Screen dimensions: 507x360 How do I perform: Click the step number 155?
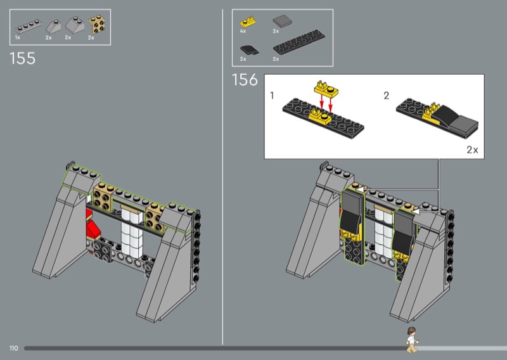[22, 58]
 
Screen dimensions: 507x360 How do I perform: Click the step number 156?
[245, 80]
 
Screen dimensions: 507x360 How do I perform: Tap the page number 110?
[13, 348]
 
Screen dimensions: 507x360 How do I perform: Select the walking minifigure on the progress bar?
[412, 340]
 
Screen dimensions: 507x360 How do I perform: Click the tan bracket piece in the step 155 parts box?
[96, 24]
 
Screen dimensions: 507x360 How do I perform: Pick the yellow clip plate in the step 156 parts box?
[248, 22]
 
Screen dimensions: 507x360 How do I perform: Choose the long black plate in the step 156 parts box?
[298, 42]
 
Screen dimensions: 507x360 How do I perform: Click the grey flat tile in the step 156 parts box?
[282, 22]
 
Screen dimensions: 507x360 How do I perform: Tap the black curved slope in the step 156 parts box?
[249, 50]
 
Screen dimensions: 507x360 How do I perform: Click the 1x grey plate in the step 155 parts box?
[29, 26]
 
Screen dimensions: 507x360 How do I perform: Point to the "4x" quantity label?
[243, 32]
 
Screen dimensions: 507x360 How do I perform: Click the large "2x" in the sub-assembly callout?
[472, 150]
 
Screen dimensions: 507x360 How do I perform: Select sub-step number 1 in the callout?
[272, 96]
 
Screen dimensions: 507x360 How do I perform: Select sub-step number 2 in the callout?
[387, 96]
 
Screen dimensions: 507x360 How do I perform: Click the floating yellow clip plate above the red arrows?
[326, 89]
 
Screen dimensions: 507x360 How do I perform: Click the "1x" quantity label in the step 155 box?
[18, 38]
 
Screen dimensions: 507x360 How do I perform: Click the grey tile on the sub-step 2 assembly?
[464, 126]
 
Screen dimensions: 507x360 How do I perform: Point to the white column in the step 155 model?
[132, 232]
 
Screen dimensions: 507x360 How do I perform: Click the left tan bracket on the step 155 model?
[103, 197]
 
